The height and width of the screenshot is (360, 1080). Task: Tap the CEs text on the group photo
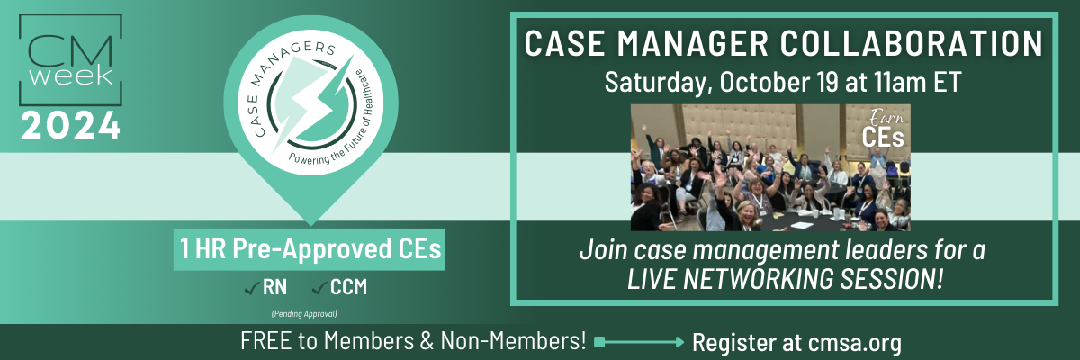tap(883, 138)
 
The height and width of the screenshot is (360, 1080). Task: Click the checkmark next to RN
tap(251, 289)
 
